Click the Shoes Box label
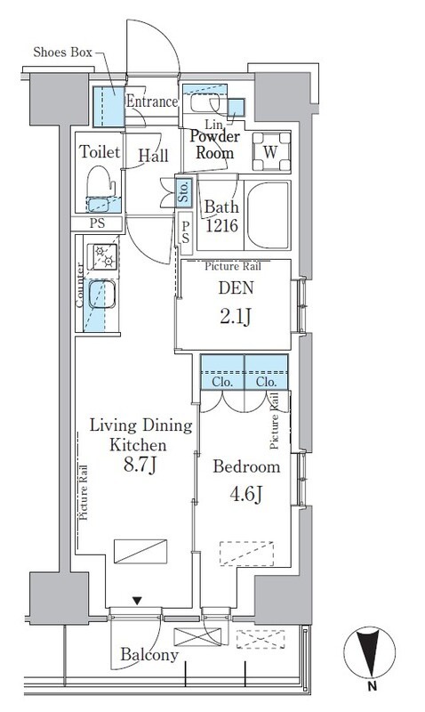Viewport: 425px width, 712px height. pos(62,53)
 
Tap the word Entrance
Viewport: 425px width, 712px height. pos(152,101)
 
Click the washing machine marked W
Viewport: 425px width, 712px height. pos(271,151)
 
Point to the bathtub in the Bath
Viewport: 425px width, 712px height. pos(268,215)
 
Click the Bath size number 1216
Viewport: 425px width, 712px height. pos(221,226)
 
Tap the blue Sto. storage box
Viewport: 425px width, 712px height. pos(184,191)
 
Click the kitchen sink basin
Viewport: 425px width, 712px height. pos(101,295)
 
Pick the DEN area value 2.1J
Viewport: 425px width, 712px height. pos(235,317)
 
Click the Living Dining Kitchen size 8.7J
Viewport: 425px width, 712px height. pos(140,465)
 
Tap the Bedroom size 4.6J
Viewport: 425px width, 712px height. pos(245,495)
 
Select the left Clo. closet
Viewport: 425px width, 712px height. pos(222,372)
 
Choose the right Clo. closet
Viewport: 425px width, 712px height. pos(266,372)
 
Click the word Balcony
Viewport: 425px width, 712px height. pos(149,655)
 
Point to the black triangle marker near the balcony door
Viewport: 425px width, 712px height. pos(137,601)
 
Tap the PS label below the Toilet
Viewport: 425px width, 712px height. pos(97,223)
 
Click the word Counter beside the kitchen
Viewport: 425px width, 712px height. pos(80,285)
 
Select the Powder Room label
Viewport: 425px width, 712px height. pos(215,144)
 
